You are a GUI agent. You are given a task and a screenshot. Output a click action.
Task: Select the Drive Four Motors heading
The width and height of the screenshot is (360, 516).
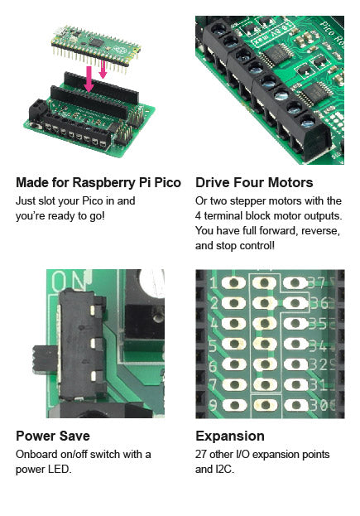[x=254, y=182]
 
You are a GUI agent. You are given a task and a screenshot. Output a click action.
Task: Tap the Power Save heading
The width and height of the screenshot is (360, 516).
[x=53, y=436]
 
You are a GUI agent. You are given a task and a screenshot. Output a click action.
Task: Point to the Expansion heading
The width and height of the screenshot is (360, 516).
[x=230, y=436]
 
